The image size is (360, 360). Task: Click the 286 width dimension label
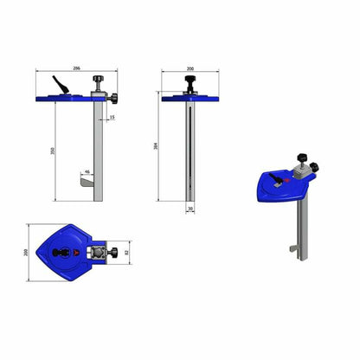(78, 67)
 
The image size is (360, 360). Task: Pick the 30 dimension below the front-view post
(189, 208)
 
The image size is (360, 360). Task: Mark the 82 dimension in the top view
(126, 254)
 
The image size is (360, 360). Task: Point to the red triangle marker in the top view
(78, 254)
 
